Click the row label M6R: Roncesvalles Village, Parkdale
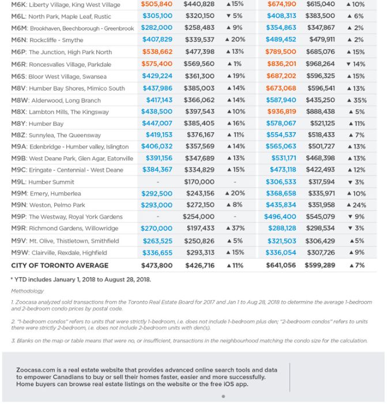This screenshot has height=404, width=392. click(x=61, y=64)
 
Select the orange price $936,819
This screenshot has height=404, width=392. click(x=281, y=111)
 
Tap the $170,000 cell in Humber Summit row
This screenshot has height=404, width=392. click(x=199, y=182)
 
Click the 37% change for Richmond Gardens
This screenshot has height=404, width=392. click(x=235, y=228)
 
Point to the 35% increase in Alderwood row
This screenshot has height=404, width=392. click(x=357, y=100)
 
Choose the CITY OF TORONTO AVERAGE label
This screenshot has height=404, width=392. click(x=60, y=265)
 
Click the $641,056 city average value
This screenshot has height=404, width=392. click(x=281, y=265)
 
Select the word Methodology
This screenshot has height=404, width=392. click(x=27, y=291)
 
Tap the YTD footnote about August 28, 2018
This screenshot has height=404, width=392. click(x=81, y=279)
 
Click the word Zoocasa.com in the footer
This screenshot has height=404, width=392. click(x=36, y=370)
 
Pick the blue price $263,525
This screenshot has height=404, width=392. click(x=157, y=241)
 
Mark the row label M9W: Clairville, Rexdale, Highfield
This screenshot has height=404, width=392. click(x=59, y=253)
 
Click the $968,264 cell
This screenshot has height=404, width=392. click(x=320, y=63)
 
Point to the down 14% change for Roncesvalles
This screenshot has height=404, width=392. click(x=356, y=64)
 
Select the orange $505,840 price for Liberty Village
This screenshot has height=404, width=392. click(x=156, y=4)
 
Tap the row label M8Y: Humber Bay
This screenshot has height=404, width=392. click(x=37, y=124)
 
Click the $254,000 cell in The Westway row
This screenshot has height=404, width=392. click(x=198, y=216)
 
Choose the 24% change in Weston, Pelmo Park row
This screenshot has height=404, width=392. click(x=356, y=205)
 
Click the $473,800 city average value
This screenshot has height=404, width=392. click(x=157, y=265)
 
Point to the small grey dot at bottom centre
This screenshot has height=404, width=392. click(x=223, y=396)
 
